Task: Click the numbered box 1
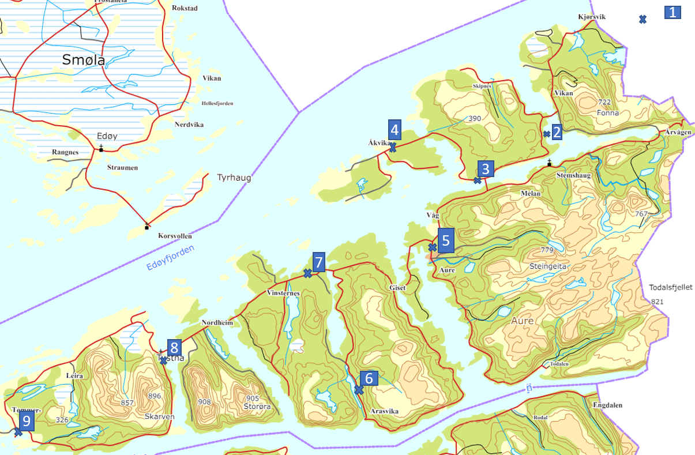[673, 13]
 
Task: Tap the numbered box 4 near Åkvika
[395, 128]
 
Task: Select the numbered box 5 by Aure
[446, 240]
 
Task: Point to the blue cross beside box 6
[358, 390]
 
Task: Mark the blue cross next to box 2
[546, 134]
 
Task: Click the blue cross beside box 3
[478, 181]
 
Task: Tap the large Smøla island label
[84, 59]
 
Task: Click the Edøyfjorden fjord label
[170, 258]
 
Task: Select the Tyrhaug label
[234, 178]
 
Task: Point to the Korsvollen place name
[175, 236]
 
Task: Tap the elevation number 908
[204, 401]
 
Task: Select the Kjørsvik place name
[592, 17]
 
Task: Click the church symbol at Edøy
[101, 149]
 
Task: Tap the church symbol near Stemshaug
[549, 163]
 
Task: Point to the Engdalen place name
[606, 405]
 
